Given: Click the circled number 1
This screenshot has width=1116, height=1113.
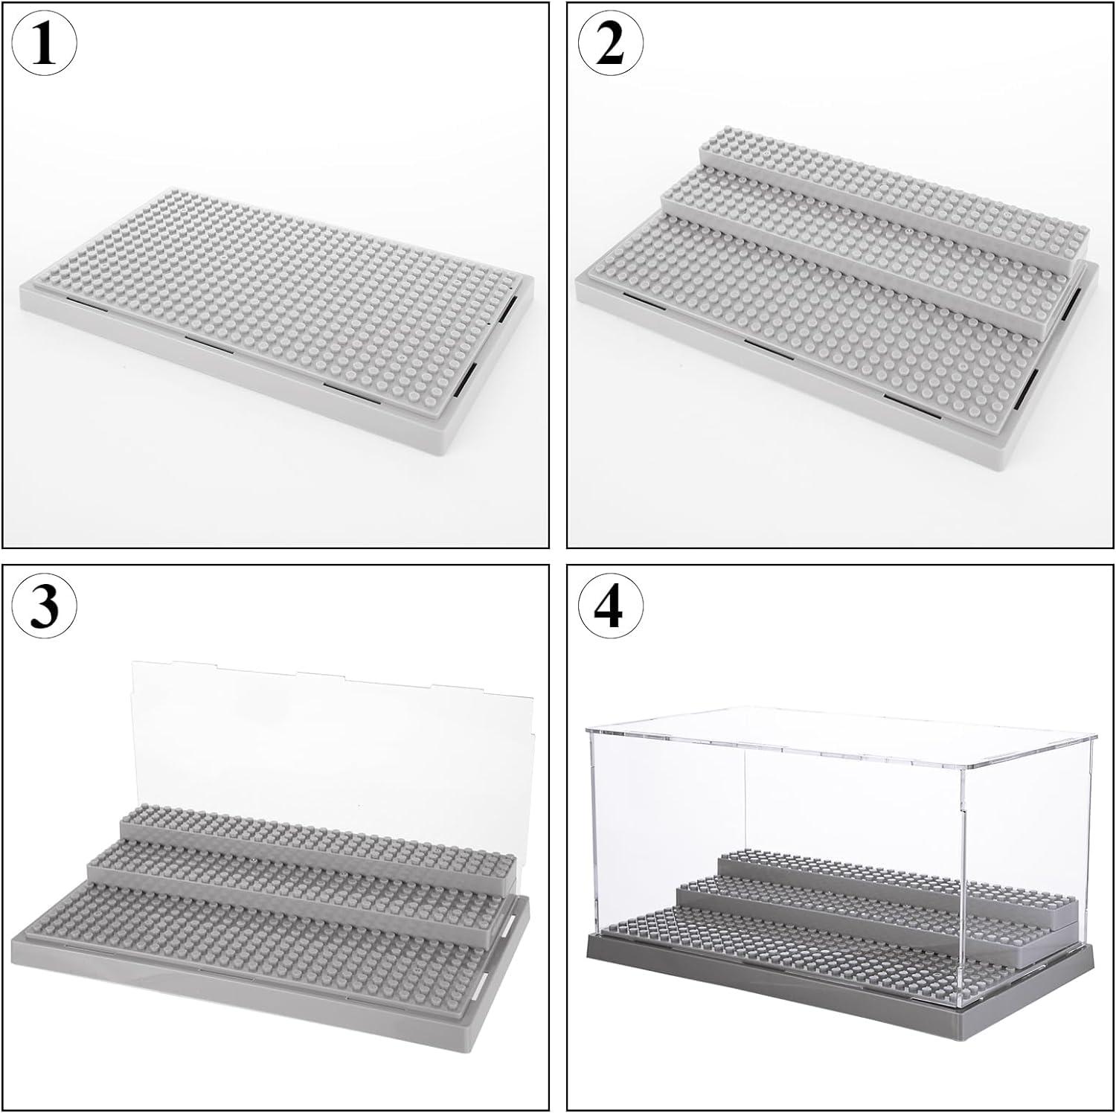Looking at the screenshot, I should (45, 45).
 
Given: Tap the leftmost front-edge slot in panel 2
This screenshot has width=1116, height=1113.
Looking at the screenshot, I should (644, 301).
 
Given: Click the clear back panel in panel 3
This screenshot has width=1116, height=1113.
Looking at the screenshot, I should (327, 737).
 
